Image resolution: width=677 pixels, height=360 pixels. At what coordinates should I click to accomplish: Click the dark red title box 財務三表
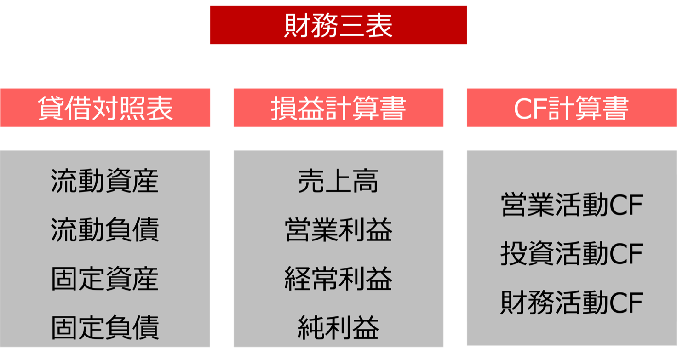click(x=338, y=25)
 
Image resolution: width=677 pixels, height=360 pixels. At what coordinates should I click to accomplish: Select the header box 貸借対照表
click(x=105, y=108)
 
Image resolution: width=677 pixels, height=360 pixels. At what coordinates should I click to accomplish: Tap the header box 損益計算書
click(x=338, y=108)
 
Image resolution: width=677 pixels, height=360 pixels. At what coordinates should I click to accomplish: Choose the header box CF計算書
click(x=572, y=108)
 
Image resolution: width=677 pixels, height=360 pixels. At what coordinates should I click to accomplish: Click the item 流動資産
click(x=104, y=181)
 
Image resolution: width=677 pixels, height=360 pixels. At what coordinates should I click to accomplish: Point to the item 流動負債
click(x=104, y=229)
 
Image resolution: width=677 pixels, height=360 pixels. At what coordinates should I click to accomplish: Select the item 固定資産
click(x=104, y=279)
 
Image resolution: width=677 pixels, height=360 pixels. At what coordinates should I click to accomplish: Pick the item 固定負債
click(x=104, y=327)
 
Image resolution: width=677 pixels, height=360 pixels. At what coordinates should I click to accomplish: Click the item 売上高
click(x=338, y=181)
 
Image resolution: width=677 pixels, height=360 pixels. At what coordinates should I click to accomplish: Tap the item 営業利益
click(x=338, y=229)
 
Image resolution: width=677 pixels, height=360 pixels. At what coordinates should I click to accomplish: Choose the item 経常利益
click(x=338, y=279)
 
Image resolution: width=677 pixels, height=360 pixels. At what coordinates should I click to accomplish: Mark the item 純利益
click(x=338, y=327)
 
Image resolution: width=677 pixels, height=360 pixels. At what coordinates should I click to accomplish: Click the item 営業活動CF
click(x=572, y=205)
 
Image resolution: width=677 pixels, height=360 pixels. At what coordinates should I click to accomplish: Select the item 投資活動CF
click(x=572, y=253)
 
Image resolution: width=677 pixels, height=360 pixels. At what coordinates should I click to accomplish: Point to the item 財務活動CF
click(x=572, y=303)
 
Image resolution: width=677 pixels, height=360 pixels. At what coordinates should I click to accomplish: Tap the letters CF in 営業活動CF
click(x=626, y=205)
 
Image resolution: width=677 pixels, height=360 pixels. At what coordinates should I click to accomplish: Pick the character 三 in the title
click(x=351, y=25)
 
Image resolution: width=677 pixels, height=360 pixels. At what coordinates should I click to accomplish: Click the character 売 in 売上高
click(x=311, y=181)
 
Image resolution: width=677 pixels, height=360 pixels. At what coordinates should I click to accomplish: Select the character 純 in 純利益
click(x=311, y=327)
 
